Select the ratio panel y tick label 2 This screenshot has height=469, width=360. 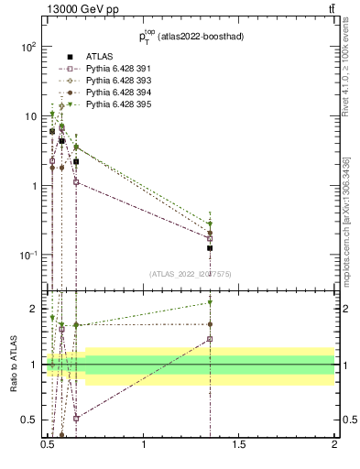pyautogui.click(x=35, y=309)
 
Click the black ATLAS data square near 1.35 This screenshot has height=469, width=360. pyautogui.click(x=210, y=248)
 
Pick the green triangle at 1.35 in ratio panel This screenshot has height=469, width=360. pyautogui.click(x=210, y=302)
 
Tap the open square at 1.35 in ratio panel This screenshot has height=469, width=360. pyautogui.click(x=210, y=339)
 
